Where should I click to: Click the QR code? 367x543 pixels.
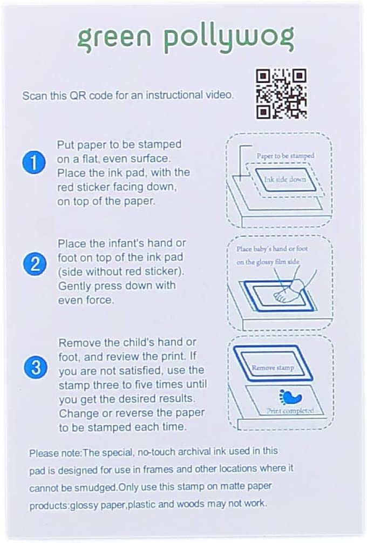point(281,94)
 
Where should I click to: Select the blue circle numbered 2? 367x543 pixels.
point(35,264)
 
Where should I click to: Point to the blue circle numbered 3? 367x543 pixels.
point(36,367)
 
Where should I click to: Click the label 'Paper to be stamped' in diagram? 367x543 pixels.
point(286,156)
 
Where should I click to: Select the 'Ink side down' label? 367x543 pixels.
point(285,179)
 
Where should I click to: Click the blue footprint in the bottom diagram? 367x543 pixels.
point(291,397)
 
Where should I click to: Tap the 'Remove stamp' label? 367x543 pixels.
point(273,368)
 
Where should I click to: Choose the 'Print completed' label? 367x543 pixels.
point(290,411)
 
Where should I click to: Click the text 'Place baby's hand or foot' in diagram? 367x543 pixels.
point(272,249)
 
